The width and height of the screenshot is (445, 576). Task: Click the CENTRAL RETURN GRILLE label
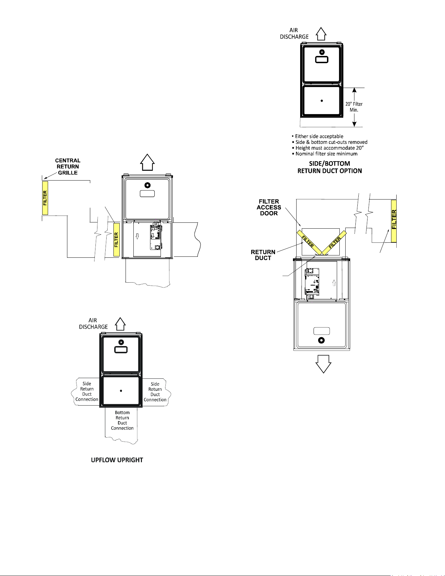click(x=68, y=166)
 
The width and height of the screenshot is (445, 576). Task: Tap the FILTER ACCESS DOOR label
click(x=269, y=207)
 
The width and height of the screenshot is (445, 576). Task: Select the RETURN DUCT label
click(x=263, y=255)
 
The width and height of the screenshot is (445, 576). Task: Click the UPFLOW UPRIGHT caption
click(x=117, y=460)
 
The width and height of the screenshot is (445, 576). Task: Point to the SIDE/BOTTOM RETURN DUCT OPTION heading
click(x=330, y=167)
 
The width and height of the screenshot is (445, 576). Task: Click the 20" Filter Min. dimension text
click(x=354, y=107)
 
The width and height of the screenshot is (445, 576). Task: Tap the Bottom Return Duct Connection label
click(x=122, y=420)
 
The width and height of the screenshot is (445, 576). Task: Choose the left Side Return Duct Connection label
click(x=87, y=392)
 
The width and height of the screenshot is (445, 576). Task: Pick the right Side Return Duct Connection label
click(x=155, y=392)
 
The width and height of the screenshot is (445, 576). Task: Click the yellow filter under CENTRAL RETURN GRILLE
click(x=45, y=198)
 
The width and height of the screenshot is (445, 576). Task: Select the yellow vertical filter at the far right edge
click(x=394, y=221)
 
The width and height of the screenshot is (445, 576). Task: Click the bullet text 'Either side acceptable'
click(x=317, y=136)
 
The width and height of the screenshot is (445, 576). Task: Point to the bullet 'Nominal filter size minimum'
click(x=324, y=154)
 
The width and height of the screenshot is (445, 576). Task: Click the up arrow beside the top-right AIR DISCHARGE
click(x=321, y=33)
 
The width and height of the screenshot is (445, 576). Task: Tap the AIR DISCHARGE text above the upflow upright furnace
click(x=93, y=323)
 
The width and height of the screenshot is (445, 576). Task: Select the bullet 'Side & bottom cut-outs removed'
click(x=329, y=142)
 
